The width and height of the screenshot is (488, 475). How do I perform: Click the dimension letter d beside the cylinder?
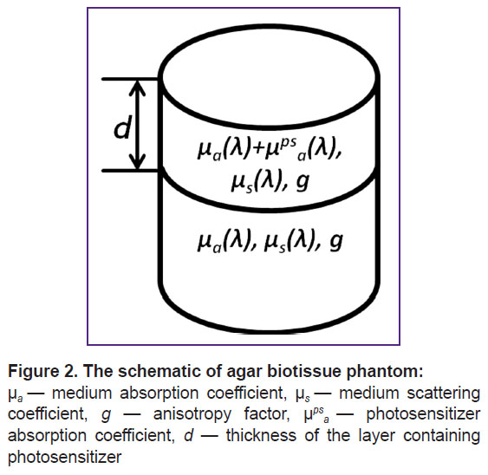(122, 127)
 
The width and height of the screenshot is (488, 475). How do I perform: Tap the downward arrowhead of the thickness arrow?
(137, 162)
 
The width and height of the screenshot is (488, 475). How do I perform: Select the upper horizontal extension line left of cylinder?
(131, 79)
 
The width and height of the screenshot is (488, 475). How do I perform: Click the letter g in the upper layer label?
(303, 183)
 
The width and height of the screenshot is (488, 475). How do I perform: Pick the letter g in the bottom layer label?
(335, 242)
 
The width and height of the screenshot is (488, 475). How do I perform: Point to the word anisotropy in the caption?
(192, 415)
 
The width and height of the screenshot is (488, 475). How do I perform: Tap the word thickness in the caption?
(261, 435)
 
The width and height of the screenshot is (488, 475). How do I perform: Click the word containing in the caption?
(441, 436)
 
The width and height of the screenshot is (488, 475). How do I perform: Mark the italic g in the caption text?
(106, 416)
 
